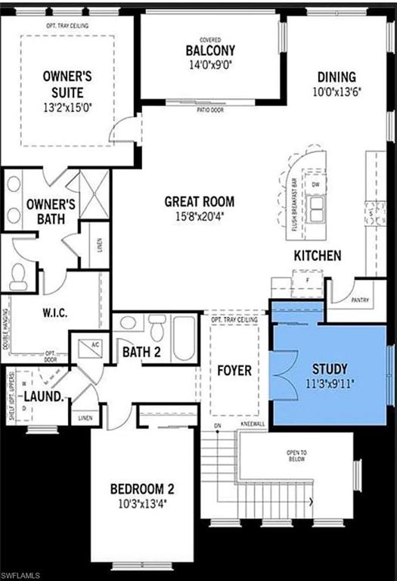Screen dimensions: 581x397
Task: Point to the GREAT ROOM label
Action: [200, 202]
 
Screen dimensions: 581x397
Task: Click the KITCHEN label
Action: [318, 256]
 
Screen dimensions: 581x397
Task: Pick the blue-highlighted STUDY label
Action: [330, 370]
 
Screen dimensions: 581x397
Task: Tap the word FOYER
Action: [234, 371]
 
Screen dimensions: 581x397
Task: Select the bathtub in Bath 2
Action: [184, 338]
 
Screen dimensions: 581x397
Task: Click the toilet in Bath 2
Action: [157, 329]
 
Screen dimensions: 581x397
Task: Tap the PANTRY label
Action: [360, 300]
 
